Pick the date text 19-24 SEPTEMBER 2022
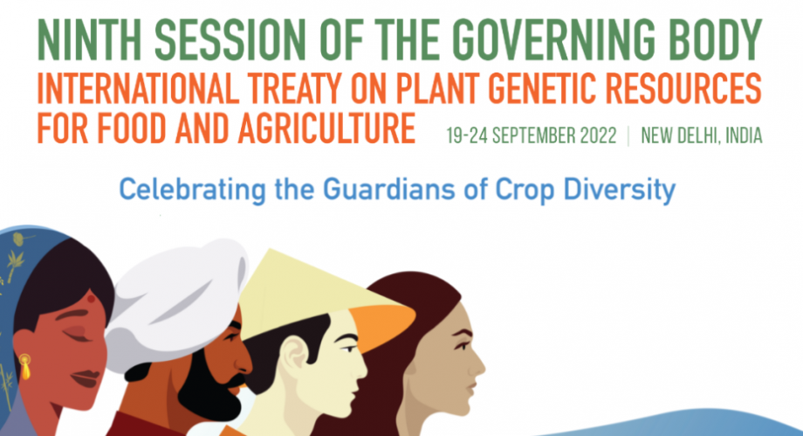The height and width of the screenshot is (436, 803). click(x=532, y=136)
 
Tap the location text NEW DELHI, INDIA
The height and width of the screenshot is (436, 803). click(x=702, y=136)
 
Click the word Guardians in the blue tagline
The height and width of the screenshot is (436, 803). click(x=388, y=190)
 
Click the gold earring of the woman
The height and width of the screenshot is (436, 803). click(x=24, y=366)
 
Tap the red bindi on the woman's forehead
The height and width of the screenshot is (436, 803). click(x=91, y=299)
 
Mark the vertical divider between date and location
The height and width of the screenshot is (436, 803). click(x=628, y=136)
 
